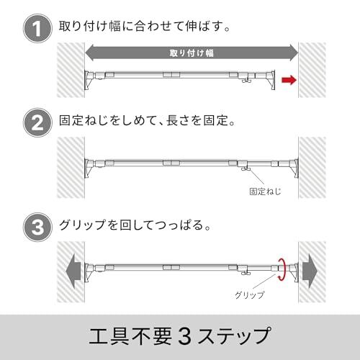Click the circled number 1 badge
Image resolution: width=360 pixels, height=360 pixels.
point(37,29)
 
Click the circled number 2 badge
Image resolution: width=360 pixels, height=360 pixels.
point(37,122)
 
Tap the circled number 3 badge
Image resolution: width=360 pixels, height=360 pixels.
point(37,227)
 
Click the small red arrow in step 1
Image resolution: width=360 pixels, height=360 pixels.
point(289,80)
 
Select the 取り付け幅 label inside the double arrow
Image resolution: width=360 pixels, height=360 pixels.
point(192,53)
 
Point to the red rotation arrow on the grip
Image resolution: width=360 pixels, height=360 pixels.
point(282,269)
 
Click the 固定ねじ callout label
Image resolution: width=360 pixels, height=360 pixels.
point(265,192)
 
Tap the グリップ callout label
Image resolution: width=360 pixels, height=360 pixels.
point(250,294)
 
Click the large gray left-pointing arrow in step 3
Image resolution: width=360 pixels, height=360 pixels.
point(73,271)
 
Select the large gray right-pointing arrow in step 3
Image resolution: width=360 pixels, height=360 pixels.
point(310,271)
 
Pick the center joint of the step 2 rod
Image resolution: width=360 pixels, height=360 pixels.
point(171,163)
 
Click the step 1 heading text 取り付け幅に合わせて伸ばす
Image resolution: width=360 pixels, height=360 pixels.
point(144,26)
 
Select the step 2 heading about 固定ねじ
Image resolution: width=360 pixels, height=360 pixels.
point(147,120)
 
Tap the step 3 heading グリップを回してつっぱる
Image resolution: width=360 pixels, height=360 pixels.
point(135,225)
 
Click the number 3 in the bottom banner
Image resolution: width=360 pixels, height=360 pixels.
point(185,336)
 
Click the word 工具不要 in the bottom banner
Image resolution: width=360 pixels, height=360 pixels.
point(130,336)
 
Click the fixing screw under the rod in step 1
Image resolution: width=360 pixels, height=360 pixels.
point(246,81)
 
